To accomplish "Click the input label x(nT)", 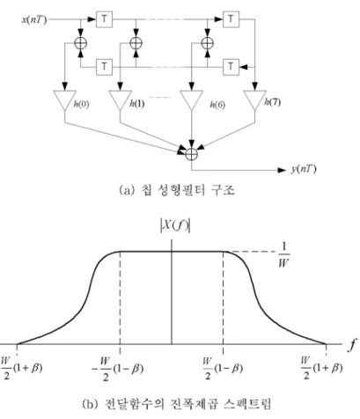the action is point(34,20).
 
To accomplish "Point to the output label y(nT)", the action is point(304,169).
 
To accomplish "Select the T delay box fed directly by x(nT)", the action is point(104,19).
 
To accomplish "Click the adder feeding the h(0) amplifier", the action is point(80,43).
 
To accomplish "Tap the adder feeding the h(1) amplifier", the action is point(136,43).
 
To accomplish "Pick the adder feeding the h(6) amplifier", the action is point(208,43).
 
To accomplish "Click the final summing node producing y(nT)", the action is point(192,154).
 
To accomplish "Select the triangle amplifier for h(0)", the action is point(64,99).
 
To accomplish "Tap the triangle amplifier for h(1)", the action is point(120,99).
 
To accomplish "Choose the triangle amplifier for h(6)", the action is point(192,99).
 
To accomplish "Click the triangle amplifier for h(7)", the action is point(255,99).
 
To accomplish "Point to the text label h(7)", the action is point(272,102).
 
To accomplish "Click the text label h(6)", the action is point(217,105).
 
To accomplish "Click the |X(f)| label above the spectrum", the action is point(175,226).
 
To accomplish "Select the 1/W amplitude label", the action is point(283,254).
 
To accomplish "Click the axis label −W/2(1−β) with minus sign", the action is point(118,369).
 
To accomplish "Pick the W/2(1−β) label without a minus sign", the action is point(223,368).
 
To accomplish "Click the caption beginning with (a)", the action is point(177,190).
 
